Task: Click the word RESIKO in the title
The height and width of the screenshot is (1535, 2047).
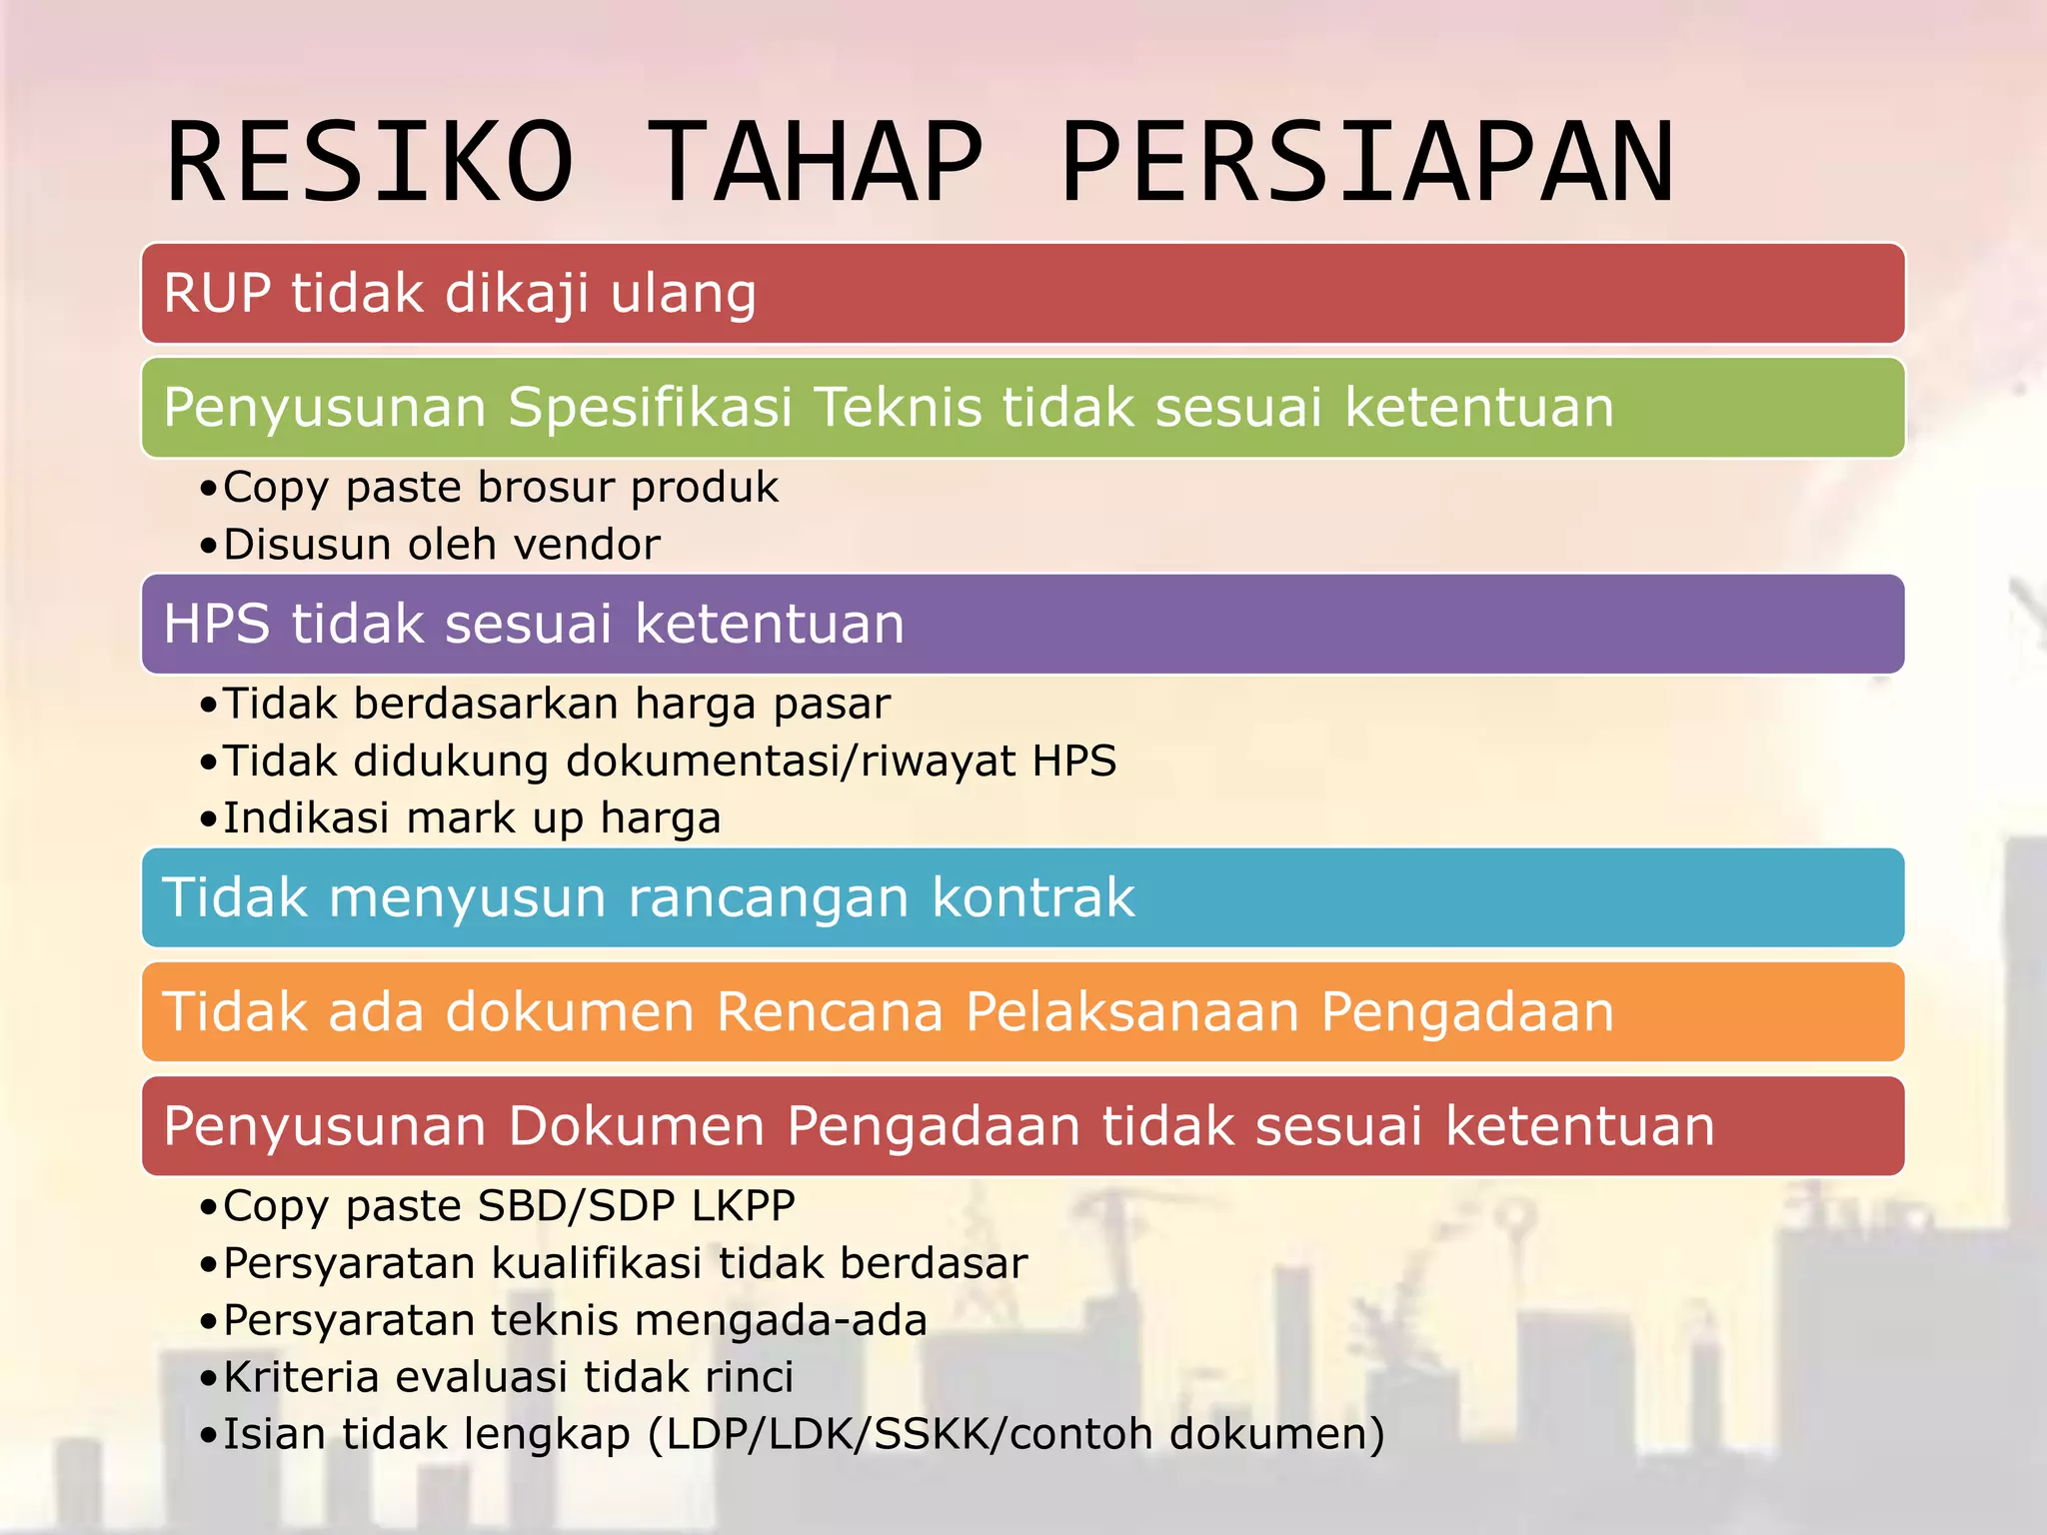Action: click(370, 163)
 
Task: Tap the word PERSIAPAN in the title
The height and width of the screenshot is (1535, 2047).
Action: click(1367, 163)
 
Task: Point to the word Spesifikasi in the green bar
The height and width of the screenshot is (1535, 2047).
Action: click(650, 408)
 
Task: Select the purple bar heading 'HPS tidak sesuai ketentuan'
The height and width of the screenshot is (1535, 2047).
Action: click(534, 625)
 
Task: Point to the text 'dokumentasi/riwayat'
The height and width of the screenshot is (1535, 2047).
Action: click(790, 762)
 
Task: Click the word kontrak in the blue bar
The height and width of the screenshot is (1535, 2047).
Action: click(1033, 897)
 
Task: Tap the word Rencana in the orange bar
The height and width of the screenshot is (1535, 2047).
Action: click(830, 1011)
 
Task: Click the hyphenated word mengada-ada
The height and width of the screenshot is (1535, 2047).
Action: click(781, 1321)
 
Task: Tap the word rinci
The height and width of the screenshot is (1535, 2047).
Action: click(749, 1378)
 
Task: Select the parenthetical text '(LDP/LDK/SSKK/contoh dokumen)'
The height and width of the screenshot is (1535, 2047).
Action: click(1016, 1435)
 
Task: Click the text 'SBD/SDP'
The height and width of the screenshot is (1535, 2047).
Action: click(577, 1206)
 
